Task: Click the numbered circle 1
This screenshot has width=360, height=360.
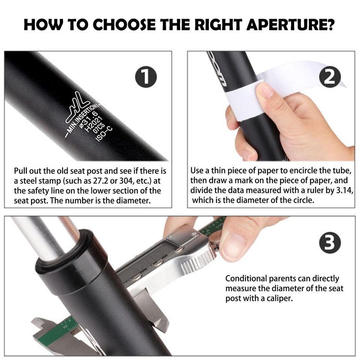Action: coord(146,77)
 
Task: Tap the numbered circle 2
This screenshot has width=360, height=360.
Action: coord(330,77)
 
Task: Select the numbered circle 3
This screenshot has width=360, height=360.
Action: coord(330,243)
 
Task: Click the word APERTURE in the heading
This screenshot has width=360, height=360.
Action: coord(290,25)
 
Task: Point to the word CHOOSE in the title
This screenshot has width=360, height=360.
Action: coord(124,25)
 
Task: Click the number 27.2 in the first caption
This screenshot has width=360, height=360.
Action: coord(100,181)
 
